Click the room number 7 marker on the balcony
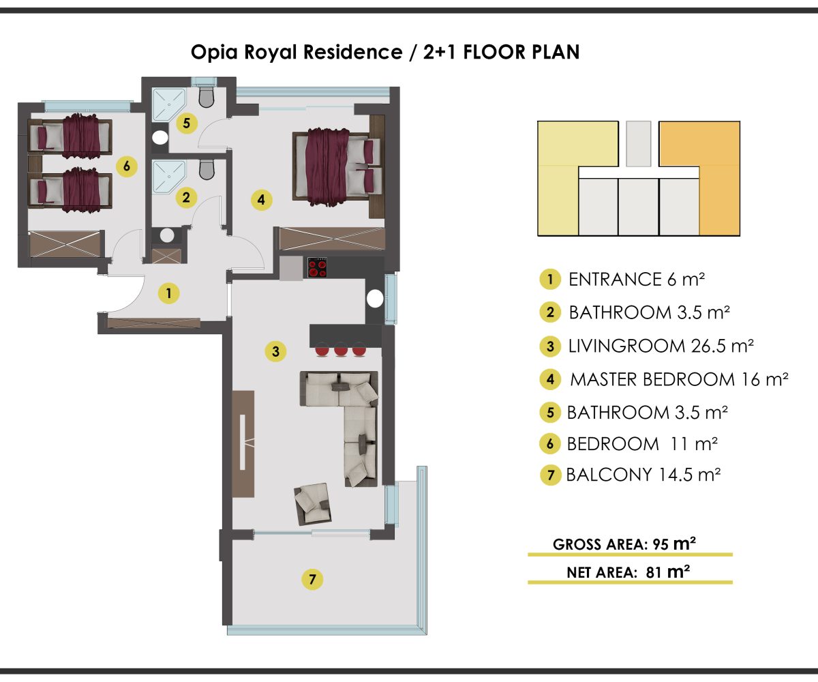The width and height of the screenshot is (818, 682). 312,579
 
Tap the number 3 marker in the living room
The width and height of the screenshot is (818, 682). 276,351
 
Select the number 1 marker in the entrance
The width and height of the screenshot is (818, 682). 169,293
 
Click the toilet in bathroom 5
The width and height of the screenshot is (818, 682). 207,97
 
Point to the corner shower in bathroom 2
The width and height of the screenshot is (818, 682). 169,176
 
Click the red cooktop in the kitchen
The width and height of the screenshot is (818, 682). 318,267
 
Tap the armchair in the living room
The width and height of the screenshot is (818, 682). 313,504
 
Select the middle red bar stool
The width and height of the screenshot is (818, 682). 340,349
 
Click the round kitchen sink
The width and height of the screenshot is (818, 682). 375,299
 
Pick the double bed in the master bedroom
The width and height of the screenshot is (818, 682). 337,166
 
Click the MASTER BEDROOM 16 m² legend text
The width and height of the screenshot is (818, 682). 679,379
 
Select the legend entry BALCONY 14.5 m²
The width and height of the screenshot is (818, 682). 643,475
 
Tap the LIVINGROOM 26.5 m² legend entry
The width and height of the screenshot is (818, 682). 661,346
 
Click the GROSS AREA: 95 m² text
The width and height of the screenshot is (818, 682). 624,544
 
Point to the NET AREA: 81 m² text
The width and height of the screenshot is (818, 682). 628,572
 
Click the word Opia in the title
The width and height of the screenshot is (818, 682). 214,53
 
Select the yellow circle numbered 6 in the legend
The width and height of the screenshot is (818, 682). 550,444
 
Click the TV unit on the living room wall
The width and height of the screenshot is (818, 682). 243,444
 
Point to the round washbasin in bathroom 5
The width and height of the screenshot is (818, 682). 160,137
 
